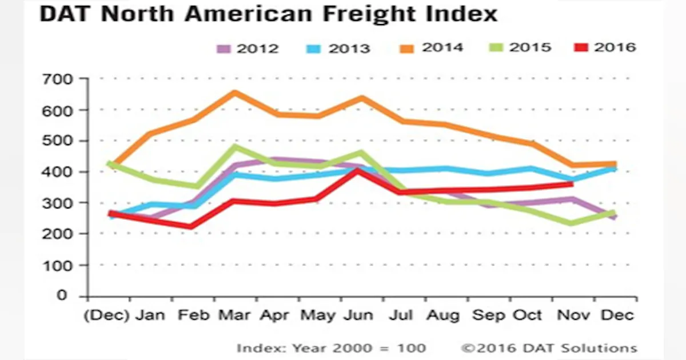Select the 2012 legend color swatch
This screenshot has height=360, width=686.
[224, 48]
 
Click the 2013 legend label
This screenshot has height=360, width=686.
[349, 48]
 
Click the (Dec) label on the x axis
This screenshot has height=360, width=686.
[107, 315]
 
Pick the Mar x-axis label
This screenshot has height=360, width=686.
[234, 315]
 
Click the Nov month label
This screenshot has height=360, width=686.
[572, 315]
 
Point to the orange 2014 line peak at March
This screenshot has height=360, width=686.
[234, 92]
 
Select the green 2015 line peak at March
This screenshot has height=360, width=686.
[234, 147]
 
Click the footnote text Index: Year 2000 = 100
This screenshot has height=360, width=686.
[331, 348]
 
